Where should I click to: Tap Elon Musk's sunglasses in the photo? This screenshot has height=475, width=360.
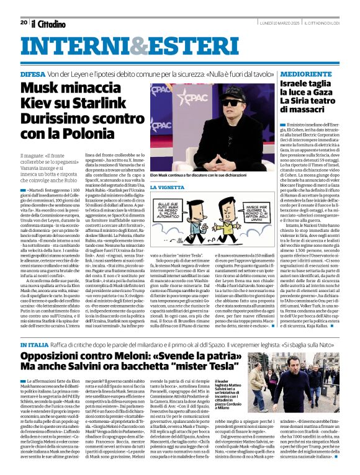(x=233, y=103)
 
